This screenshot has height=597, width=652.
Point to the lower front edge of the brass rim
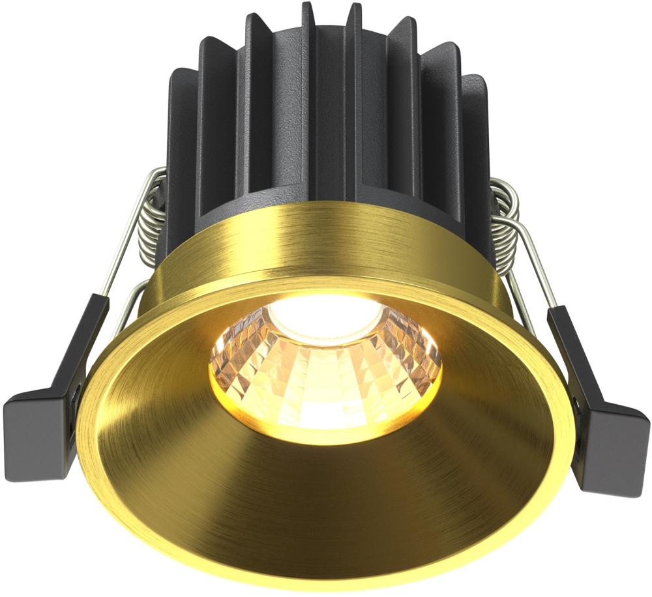coord(326,580)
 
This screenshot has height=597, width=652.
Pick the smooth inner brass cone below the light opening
coord(326,495)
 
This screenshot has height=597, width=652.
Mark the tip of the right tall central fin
coord(355,8)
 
